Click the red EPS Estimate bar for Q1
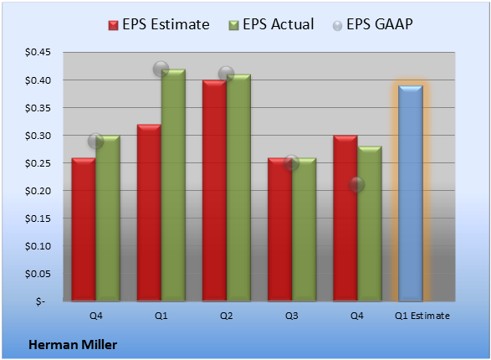point(149,213)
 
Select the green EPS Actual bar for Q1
point(173,185)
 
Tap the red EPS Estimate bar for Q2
point(214,191)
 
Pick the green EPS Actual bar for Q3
point(304,229)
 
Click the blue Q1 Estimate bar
point(411,193)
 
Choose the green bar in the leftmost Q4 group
point(108,219)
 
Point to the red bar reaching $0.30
point(345,219)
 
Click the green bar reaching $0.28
point(370,224)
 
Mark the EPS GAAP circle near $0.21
point(356,184)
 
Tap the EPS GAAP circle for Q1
point(161,69)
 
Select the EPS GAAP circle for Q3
point(291,162)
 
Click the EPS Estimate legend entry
point(159,24)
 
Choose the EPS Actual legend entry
point(271,24)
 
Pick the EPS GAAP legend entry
point(372,24)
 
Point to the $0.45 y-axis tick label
point(38,52)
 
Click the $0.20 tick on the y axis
point(38,191)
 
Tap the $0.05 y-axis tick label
point(38,274)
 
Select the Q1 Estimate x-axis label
point(422,316)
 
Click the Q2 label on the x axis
point(226,316)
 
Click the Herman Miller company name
point(73,345)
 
